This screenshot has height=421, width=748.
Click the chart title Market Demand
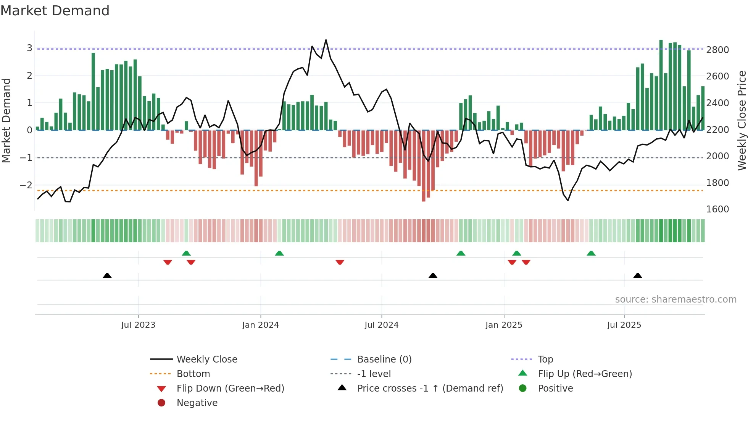(x=55, y=11)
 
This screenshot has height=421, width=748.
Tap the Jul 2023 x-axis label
(x=138, y=325)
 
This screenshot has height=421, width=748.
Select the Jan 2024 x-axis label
(x=260, y=325)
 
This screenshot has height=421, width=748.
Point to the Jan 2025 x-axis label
(x=504, y=325)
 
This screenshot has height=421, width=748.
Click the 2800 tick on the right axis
(x=717, y=50)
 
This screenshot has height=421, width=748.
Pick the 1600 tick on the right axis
(x=717, y=209)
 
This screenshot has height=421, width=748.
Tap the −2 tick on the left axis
(x=26, y=185)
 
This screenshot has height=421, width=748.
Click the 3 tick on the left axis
(x=29, y=48)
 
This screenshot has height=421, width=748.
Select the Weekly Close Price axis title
(x=742, y=120)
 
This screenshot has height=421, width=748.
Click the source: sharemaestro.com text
(x=675, y=300)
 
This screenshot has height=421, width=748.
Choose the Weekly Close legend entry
(x=206, y=359)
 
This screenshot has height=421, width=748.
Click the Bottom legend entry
(x=193, y=374)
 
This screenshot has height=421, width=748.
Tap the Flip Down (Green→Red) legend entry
(x=230, y=389)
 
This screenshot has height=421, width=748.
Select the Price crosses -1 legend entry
(x=430, y=389)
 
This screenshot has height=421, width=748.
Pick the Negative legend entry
(x=197, y=403)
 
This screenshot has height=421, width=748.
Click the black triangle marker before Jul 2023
(x=107, y=275)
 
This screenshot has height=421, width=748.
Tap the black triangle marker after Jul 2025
(x=638, y=275)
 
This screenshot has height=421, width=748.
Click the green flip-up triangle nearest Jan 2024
(x=279, y=253)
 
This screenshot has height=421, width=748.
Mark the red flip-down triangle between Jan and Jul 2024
(x=340, y=262)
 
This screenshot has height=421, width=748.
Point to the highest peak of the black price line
(x=326, y=40)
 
